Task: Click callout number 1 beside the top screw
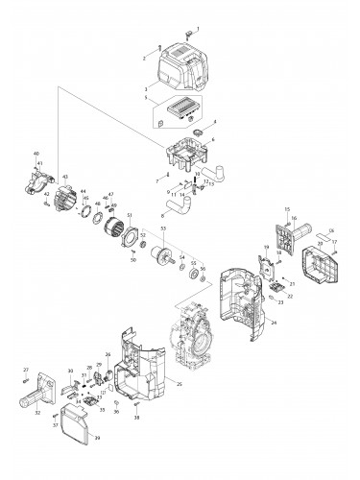pyautogui.click(x=199, y=29)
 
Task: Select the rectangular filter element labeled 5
pyautogui.click(x=180, y=108)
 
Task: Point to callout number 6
pyautogui.click(x=213, y=141)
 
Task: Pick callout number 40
pyautogui.click(x=36, y=154)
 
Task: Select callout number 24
pyautogui.click(x=274, y=324)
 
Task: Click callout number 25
pyautogui.click(x=180, y=383)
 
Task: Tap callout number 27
pyautogui.click(x=26, y=370)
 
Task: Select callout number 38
pyautogui.click(x=137, y=420)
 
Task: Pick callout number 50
pyautogui.click(x=132, y=259)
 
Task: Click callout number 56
pyautogui.click(x=203, y=269)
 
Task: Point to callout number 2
pyautogui.click(x=146, y=58)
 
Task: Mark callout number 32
pyautogui.click(x=37, y=413)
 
